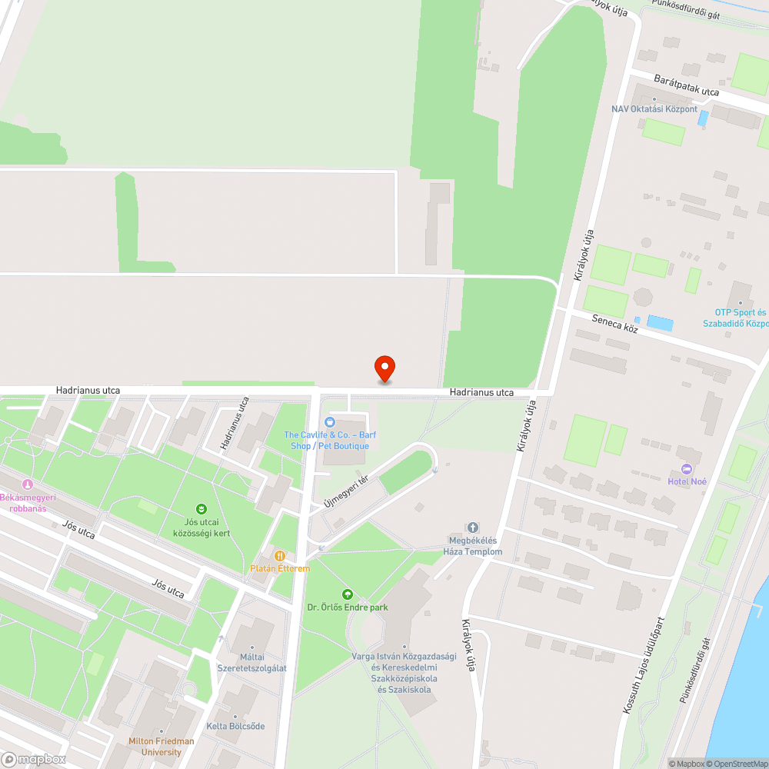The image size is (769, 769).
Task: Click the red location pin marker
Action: click(x=384, y=368)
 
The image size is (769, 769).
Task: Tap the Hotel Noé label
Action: click(x=687, y=481)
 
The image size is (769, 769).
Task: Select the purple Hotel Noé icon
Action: click(x=687, y=469)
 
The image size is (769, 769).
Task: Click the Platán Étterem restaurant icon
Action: click(x=280, y=555)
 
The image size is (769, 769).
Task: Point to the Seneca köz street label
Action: click(x=615, y=324)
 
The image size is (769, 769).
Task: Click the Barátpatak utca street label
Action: click(x=686, y=86)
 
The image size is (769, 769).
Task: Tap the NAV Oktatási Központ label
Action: click(x=654, y=109)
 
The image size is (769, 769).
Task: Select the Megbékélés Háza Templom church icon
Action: click(x=473, y=528)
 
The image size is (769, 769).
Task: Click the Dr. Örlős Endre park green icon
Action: click(x=348, y=594)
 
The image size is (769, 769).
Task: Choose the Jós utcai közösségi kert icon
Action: click(x=201, y=508)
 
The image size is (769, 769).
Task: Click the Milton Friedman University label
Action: click(x=161, y=746)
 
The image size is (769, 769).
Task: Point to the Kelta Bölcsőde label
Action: click(x=235, y=726)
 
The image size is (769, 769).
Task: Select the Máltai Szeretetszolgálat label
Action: click(x=252, y=662)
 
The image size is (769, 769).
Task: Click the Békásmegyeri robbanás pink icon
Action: click(x=28, y=484)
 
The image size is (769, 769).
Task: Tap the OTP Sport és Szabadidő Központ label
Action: click(x=735, y=318)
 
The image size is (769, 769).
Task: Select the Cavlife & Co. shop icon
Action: click(x=330, y=422)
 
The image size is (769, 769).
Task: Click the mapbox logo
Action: click(x=34, y=759)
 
